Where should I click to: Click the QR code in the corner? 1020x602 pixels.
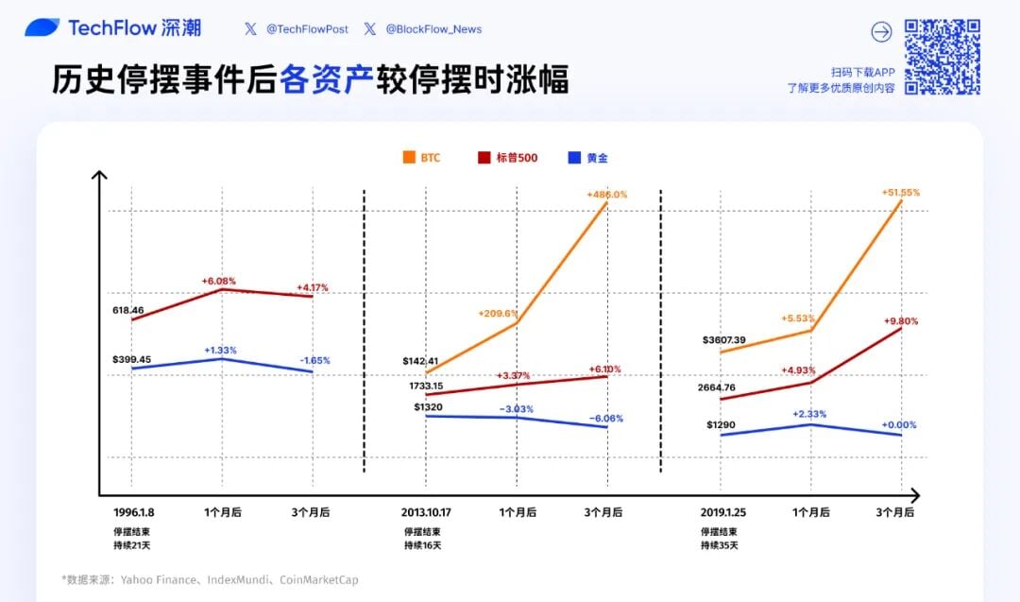tap(942, 57)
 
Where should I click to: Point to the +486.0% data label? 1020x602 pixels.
tap(606, 195)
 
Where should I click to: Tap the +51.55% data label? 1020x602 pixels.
tap(900, 193)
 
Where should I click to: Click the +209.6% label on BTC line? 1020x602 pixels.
tap(498, 314)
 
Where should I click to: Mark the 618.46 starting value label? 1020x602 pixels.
tap(127, 310)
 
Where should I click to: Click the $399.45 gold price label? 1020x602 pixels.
tap(131, 360)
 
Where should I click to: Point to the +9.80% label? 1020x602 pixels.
tap(900, 321)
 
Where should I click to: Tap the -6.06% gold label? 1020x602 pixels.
tap(605, 419)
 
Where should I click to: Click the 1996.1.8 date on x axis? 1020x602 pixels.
tap(133, 512)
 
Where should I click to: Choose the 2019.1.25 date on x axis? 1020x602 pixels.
tap(723, 512)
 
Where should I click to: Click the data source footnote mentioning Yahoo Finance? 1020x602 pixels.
tap(211, 579)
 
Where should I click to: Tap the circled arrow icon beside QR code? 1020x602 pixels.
tap(881, 32)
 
